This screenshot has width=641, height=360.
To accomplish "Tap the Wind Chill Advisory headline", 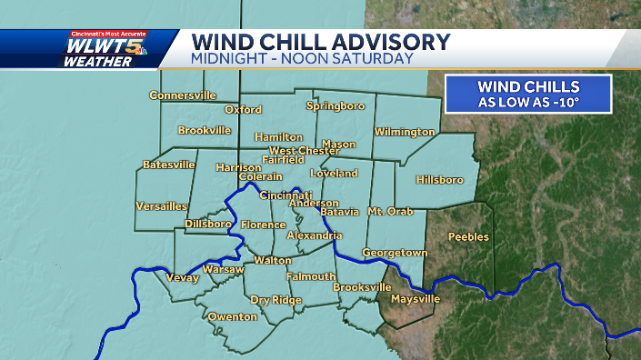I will point(322,42).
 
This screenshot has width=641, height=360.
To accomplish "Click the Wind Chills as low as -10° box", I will point(528,94).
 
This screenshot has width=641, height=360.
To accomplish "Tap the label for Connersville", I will point(183,95).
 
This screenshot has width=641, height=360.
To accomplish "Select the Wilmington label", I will point(405,132).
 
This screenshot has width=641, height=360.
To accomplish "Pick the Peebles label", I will point(468,237).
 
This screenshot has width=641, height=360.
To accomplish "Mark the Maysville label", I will point(415,299).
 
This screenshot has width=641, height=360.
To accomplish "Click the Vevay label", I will point(182,277).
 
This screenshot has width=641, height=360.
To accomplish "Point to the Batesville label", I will point(169,165).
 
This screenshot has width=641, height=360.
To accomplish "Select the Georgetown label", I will point(395,252).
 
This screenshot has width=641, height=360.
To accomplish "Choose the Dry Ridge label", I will point(276,299).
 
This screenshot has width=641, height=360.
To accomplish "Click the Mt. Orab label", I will point(390,212).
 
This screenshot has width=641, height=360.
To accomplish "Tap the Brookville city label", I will point(204,131).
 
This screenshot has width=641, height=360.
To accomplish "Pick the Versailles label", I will point(161,206).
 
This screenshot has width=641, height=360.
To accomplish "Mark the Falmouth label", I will point(311,276).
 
